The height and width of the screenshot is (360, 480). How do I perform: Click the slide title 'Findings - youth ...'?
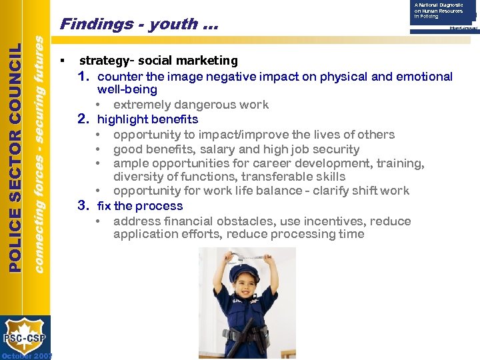point(139,25)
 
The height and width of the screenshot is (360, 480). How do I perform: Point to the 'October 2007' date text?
point(27,356)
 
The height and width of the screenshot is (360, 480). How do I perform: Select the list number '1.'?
point(83,77)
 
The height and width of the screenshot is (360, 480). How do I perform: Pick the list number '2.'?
point(83,119)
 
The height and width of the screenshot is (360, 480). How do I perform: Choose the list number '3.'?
point(83,206)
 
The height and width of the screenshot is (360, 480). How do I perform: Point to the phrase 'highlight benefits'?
point(147,119)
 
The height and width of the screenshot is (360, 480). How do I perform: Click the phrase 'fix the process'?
point(140,206)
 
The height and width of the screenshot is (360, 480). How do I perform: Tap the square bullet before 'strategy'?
point(61,61)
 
